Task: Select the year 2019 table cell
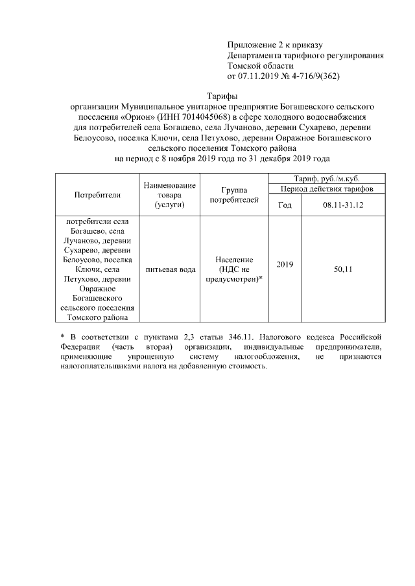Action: pos(285,264)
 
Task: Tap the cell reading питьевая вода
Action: pos(171,269)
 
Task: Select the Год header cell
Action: pos(285,205)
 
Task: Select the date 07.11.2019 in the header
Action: pos(259,76)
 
